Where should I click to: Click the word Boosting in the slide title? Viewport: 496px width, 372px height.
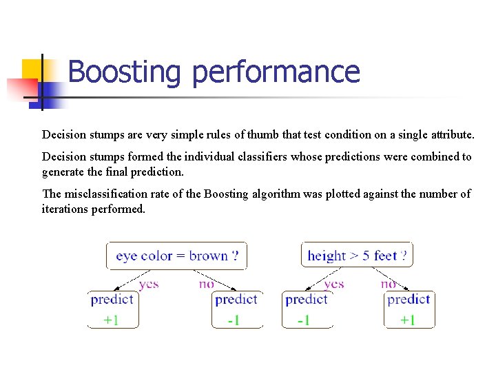(125, 72)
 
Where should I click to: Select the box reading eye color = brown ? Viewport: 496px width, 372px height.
(177, 256)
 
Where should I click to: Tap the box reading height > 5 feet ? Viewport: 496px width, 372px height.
(357, 256)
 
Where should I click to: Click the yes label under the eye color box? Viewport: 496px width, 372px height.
(149, 283)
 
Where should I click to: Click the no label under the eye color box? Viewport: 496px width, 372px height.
(207, 283)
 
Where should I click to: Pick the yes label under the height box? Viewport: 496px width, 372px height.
(333, 283)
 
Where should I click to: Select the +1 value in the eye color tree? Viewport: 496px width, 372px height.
(112, 320)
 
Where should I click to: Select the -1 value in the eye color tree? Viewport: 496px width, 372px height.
(234, 320)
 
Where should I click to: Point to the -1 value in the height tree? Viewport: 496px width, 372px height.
(303, 320)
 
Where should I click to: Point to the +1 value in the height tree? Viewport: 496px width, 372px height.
(407, 320)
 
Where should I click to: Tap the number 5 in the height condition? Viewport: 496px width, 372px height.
(366, 256)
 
